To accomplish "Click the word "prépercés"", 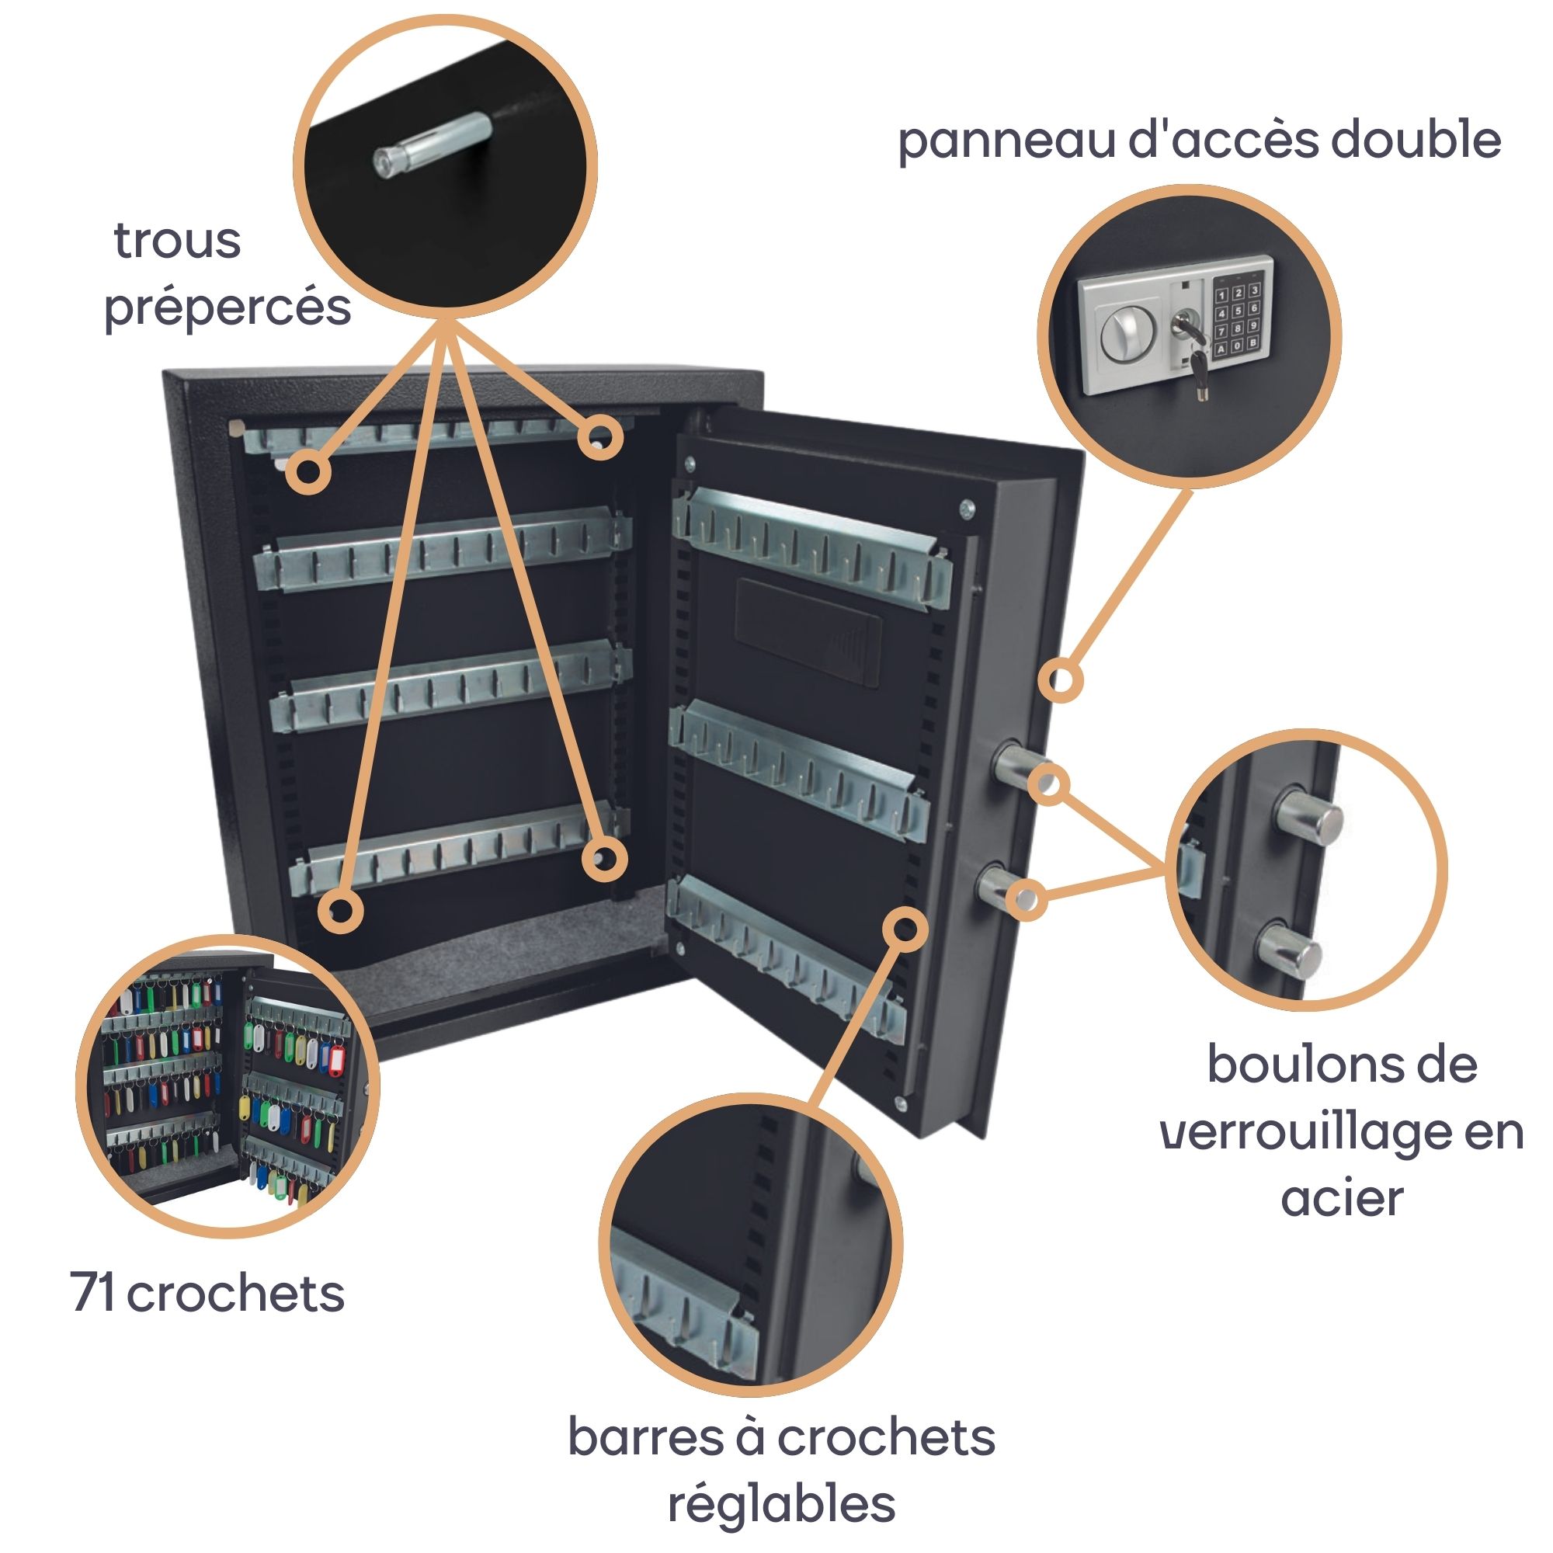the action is pos(228,307).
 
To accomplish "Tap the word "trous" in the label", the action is pos(178,241).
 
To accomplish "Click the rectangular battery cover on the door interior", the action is pos(808,632).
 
